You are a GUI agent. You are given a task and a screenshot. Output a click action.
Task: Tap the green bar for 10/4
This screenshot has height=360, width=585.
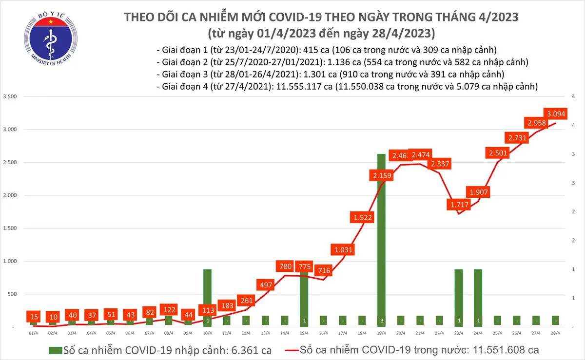point(207,297)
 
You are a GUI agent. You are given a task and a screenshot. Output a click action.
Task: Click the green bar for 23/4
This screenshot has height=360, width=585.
point(459,297)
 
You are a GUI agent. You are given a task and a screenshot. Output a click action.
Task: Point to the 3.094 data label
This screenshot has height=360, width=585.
point(556,114)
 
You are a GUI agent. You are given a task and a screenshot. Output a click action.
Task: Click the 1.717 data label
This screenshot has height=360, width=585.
point(459,204)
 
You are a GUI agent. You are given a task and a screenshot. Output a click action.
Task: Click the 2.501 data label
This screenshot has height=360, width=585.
point(497,153)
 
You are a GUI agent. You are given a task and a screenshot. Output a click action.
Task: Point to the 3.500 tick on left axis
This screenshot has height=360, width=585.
point(9,96)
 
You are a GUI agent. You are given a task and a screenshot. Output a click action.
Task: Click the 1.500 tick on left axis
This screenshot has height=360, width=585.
point(9,228)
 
